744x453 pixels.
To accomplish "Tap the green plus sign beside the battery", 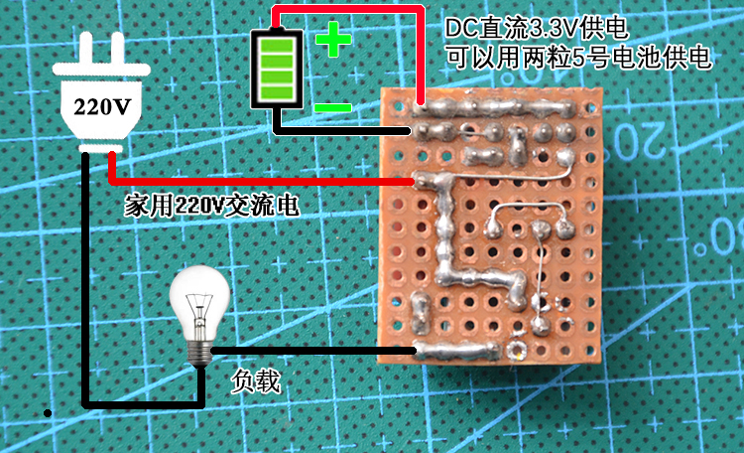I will tap(333, 41).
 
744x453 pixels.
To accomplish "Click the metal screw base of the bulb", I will tap(202, 351).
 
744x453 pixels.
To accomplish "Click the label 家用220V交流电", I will tap(211, 206).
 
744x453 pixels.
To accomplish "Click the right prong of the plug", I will tap(119, 49).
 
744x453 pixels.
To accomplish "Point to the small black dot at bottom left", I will tap(46, 411).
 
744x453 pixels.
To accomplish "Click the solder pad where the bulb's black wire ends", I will tap(421, 349).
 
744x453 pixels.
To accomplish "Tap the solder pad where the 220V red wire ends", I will tap(421, 181).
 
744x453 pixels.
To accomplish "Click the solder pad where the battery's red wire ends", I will tap(422, 105).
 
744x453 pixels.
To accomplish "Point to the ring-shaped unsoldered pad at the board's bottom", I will tap(516, 350).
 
